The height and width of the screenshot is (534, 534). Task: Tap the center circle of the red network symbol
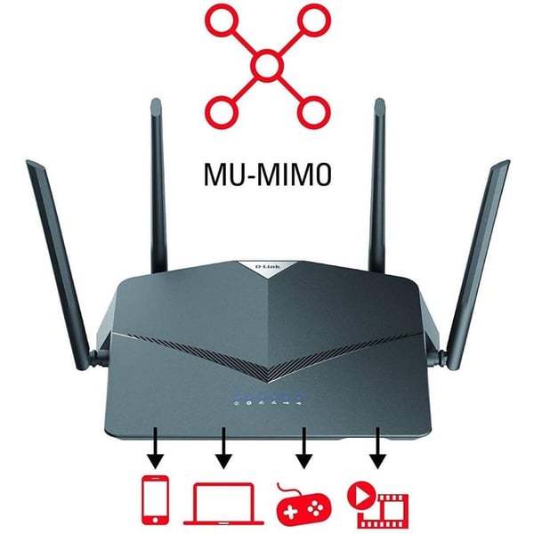point(267,65)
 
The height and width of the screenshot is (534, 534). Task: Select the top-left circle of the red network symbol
point(220,19)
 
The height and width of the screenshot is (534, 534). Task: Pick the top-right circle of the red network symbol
point(313,19)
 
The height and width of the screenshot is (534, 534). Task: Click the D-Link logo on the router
point(267,266)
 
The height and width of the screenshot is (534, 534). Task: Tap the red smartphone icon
point(156,500)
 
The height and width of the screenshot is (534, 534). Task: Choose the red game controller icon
point(304,505)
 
